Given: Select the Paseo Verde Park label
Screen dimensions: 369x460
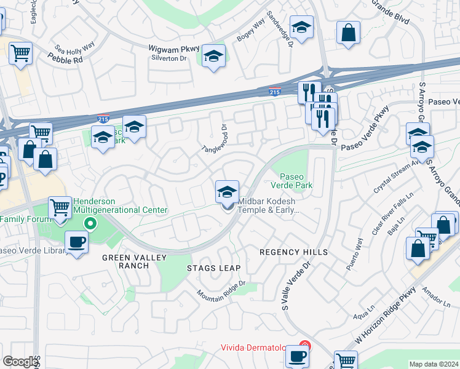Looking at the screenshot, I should click(x=293, y=180).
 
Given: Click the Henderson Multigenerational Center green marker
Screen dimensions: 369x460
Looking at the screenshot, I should click(x=91, y=223).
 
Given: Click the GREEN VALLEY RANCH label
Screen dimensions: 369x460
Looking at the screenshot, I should click(x=125, y=261).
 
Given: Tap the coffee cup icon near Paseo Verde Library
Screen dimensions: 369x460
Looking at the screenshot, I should click(x=76, y=242).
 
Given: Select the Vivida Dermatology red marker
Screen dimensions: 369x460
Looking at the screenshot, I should click(x=303, y=347).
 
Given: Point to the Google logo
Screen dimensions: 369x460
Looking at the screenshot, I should click(x=20, y=362).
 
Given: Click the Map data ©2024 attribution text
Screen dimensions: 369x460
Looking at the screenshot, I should click(x=434, y=364).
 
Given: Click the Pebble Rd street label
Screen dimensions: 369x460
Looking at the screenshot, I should click(x=65, y=58).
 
